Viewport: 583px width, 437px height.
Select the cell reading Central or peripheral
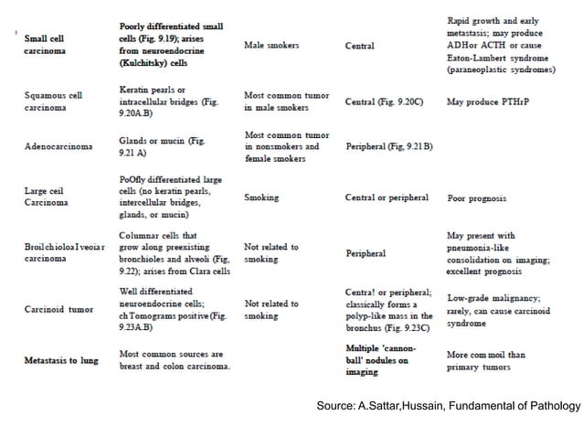click(387, 197)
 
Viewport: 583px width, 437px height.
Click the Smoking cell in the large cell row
click(261, 197)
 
